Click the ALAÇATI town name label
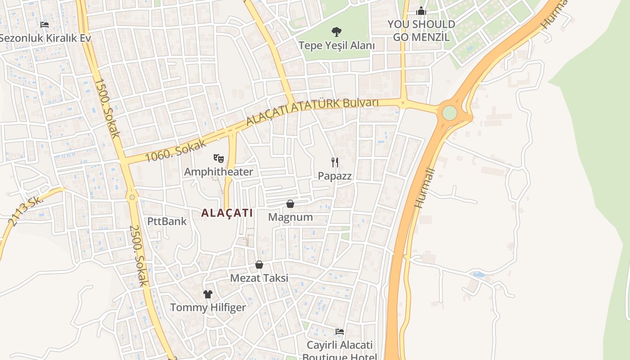point(227,213)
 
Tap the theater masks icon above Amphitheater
point(219,158)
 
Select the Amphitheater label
point(219,171)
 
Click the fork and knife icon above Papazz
point(335,162)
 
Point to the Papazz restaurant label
point(335,176)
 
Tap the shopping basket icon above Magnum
point(290,204)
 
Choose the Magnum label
point(290,217)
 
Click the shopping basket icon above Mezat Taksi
point(259,265)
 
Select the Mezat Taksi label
point(259,278)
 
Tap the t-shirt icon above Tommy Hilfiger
point(207,294)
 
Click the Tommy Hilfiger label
point(208,308)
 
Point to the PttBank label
point(167,221)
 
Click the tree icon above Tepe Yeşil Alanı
point(336,31)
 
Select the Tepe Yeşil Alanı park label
point(337,45)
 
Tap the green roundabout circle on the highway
point(449,112)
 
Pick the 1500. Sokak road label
point(107,108)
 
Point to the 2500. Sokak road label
point(138,255)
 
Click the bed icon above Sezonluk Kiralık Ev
point(45,24)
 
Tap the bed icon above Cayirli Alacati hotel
point(340,332)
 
